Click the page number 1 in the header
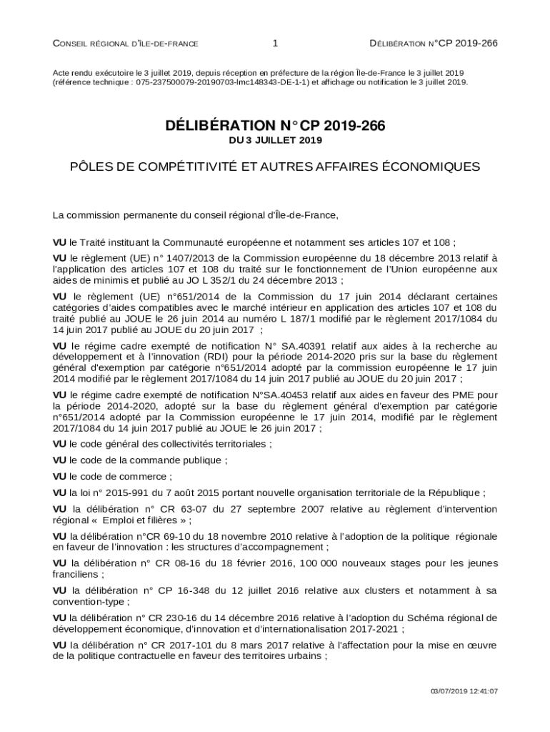pos(275,44)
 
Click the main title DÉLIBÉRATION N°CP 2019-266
pos(275,127)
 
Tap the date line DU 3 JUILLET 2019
pos(275,141)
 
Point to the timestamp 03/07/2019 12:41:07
pos(464,691)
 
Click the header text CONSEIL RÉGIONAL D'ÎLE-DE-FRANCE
pos(126,44)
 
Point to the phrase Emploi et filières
pos(142,520)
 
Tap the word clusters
pos(386,591)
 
